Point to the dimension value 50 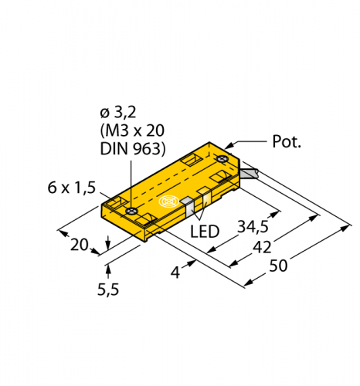(x=278, y=266)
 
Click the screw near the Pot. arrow (x=222, y=160)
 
